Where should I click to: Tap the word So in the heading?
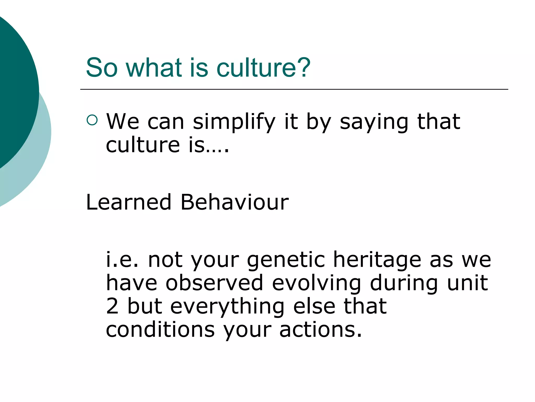(x=102, y=68)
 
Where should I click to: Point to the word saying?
(x=374, y=122)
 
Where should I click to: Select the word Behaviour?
(x=235, y=202)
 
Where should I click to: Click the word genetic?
(x=286, y=261)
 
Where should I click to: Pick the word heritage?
(x=377, y=261)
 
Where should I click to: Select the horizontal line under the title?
(x=294, y=90)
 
